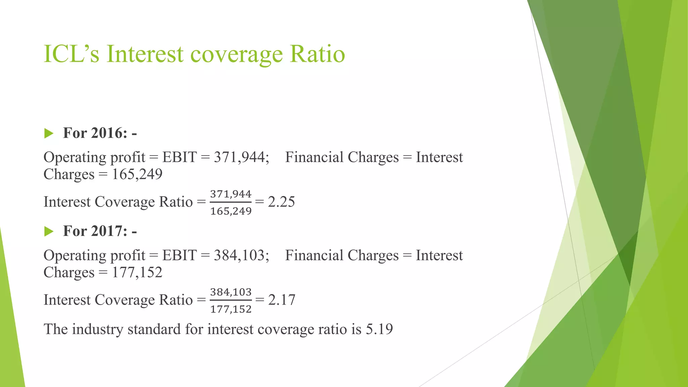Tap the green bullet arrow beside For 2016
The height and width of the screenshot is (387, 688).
tap(49, 133)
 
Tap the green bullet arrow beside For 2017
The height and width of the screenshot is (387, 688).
tap(49, 231)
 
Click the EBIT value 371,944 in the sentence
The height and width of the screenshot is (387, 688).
tap(241, 157)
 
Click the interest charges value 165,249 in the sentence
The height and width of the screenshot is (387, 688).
tap(137, 174)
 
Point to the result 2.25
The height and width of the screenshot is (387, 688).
tap(282, 202)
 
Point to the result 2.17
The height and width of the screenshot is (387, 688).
tap(282, 300)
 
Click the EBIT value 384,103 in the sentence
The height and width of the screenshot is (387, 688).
tap(241, 255)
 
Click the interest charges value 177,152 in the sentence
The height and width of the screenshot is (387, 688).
tap(137, 272)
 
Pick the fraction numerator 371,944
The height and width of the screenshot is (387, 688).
tap(231, 194)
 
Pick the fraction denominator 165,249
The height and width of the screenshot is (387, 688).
tap(231, 211)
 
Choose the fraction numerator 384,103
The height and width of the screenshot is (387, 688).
tap(231, 292)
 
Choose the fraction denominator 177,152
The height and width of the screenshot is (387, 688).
tap(231, 309)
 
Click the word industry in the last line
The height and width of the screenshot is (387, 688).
tap(98, 329)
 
